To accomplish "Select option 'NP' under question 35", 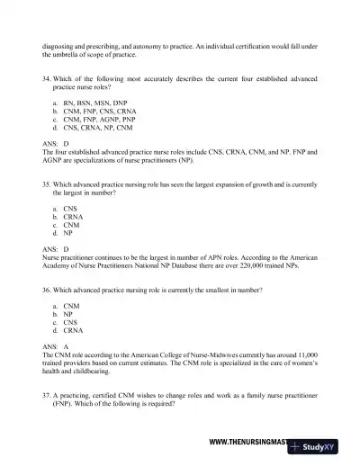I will [x=68, y=232].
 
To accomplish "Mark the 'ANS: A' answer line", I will [x=54, y=346].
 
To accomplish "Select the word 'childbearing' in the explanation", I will [x=90, y=372].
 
